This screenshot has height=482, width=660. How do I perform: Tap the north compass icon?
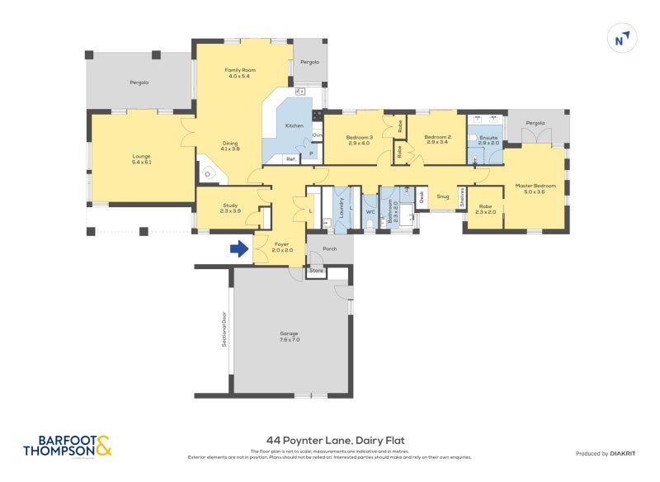(620, 38)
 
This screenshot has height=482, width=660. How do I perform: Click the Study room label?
(230, 208)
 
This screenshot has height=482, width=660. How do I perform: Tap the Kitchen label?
(295, 125)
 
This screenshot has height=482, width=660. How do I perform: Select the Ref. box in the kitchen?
(290, 158)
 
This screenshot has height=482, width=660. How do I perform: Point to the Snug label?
(443, 196)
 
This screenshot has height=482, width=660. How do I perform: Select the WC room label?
(370, 211)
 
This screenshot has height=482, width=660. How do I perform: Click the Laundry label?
(341, 211)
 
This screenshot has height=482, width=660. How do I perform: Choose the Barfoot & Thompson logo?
(67, 446)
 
